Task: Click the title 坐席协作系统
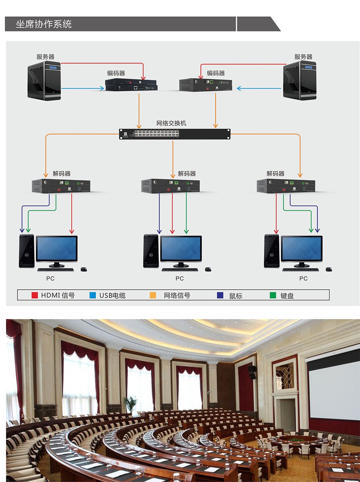(44, 24)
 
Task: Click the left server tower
(44, 80)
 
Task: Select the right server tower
(299, 80)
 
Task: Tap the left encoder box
(131, 85)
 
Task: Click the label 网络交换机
(171, 123)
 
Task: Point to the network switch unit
(174, 134)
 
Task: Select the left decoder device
(61, 186)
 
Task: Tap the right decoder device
(286, 186)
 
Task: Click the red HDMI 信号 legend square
(35, 295)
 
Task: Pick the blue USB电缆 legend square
(93, 295)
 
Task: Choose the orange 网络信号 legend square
(153, 295)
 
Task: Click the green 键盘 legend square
(273, 295)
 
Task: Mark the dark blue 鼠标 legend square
(220, 295)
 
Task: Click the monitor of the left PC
(57, 249)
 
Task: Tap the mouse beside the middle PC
(208, 269)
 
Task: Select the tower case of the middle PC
(151, 251)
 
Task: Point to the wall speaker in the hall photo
(252, 372)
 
